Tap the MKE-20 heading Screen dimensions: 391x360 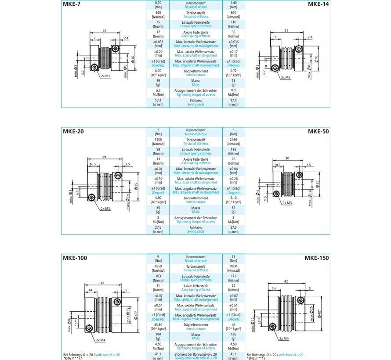coord(72,131)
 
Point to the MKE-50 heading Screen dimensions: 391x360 coord(318,131)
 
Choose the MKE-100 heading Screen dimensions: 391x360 coord(74,258)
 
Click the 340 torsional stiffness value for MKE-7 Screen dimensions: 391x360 coord(158,13)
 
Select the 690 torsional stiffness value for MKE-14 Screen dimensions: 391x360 coord(234,13)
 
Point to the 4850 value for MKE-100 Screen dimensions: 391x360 coord(158,266)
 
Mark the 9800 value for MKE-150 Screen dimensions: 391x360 coord(234,266)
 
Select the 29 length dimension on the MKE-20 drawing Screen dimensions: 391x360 coord(104,157)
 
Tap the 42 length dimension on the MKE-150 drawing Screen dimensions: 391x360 coord(286,281)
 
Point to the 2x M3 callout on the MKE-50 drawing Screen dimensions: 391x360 coord(287,203)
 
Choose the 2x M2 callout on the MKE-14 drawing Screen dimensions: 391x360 coord(286,78)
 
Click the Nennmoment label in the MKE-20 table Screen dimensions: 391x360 coord(196,130)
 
